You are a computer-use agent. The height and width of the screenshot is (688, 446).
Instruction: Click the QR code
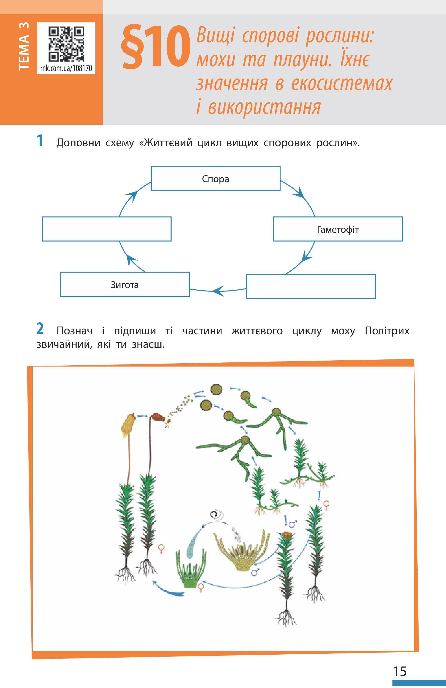coord(66,44)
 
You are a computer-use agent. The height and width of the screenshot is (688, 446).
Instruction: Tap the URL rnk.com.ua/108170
coord(66,68)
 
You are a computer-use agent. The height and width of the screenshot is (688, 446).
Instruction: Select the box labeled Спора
coord(215,178)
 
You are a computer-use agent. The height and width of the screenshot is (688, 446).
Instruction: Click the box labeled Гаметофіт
coord(338,229)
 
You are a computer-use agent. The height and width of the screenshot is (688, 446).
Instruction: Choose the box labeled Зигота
coord(124,284)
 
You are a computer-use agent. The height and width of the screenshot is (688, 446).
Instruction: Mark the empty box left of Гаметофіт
coord(106,229)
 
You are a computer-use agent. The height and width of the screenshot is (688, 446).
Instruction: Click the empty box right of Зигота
coord(311,286)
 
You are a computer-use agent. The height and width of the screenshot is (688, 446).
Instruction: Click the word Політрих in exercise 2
coord(387,331)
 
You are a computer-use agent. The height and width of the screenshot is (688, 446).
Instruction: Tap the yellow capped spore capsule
coord(128,425)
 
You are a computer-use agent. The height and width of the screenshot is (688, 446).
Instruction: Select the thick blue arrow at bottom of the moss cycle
coord(169,588)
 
